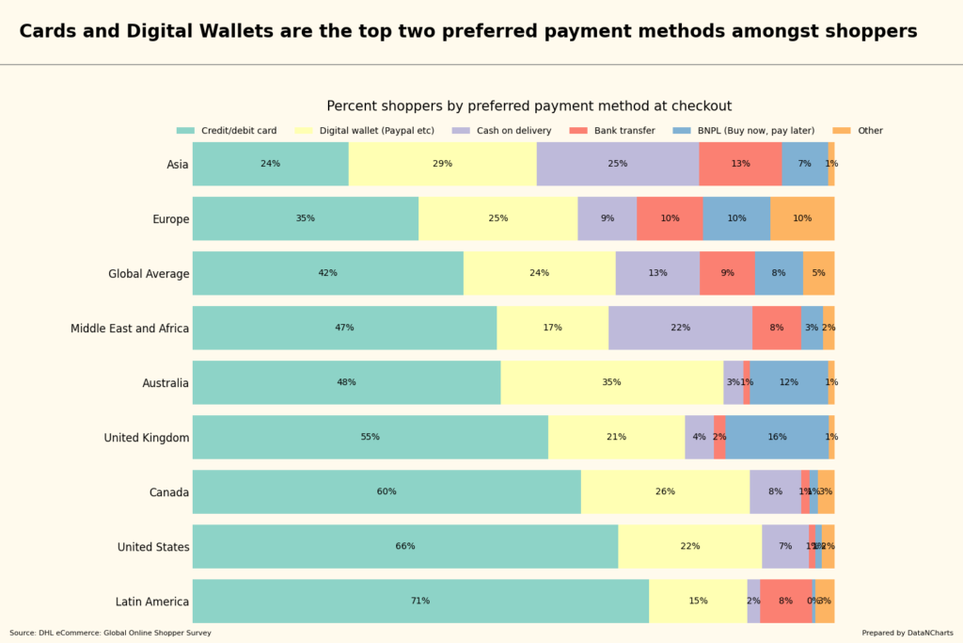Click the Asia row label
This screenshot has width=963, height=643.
178,165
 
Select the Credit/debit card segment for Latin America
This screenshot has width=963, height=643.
420,601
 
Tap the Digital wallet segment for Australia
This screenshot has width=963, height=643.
611,382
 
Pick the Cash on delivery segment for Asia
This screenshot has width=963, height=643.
617,164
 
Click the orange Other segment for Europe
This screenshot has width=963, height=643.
802,218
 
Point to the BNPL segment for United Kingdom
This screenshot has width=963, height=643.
777,437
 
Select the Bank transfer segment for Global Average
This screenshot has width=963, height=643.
727,273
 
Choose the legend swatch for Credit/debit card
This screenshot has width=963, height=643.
185,131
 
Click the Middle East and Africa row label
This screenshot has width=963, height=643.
130,329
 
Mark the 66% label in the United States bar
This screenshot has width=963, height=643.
405,546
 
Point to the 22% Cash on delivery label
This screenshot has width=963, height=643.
680,328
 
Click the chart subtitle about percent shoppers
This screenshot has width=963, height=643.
529,106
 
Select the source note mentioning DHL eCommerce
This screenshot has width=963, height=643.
111,633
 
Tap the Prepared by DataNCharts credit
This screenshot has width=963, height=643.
907,633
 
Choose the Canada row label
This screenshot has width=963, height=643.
169,492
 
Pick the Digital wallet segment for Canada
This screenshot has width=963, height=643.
665,491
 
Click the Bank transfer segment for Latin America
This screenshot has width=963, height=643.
785,601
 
